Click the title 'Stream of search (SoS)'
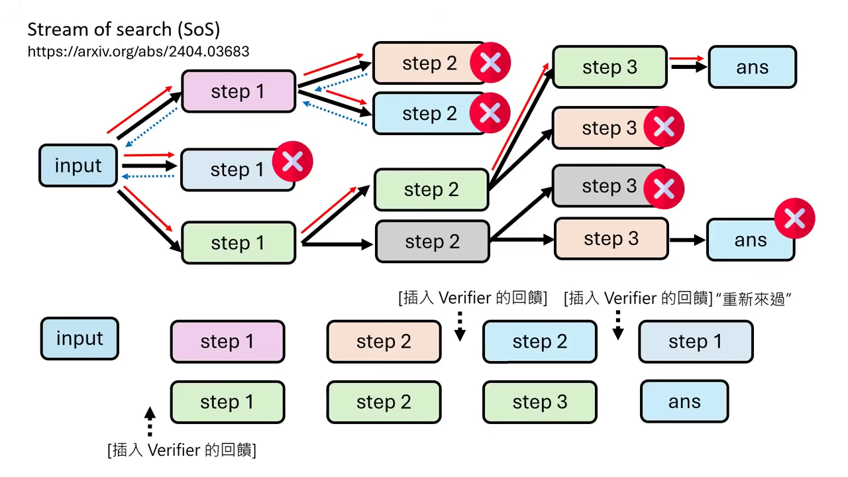tap(124, 30)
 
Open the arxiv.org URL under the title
tap(138, 51)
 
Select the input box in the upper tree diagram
tap(78, 166)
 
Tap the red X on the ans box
tap(794, 218)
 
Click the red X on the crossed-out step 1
tap(292, 161)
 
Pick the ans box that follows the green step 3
tap(752, 67)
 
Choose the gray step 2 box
tap(432, 242)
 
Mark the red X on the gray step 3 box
tap(664, 188)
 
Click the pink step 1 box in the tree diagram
tap(238, 91)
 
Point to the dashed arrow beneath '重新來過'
tap(617, 325)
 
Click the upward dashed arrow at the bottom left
tap(150, 422)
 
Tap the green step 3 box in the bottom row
tap(539, 402)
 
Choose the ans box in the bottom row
tap(684, 401)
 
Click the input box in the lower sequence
tap(79, 339)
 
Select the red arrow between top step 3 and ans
tap(687, 59)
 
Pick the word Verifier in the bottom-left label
tap(174, 450)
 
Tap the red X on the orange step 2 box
tap(490, 63)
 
